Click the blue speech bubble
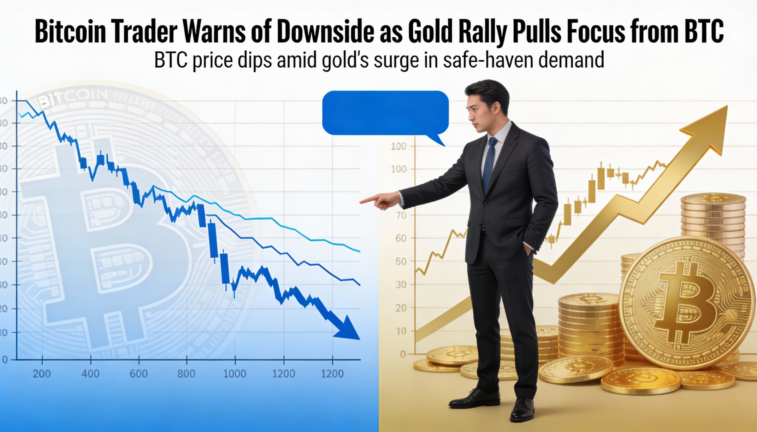385,113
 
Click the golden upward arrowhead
710,128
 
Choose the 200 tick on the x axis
42,373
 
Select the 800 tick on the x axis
186,373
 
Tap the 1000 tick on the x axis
235,373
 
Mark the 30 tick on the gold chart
401,285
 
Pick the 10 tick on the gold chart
401,331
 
